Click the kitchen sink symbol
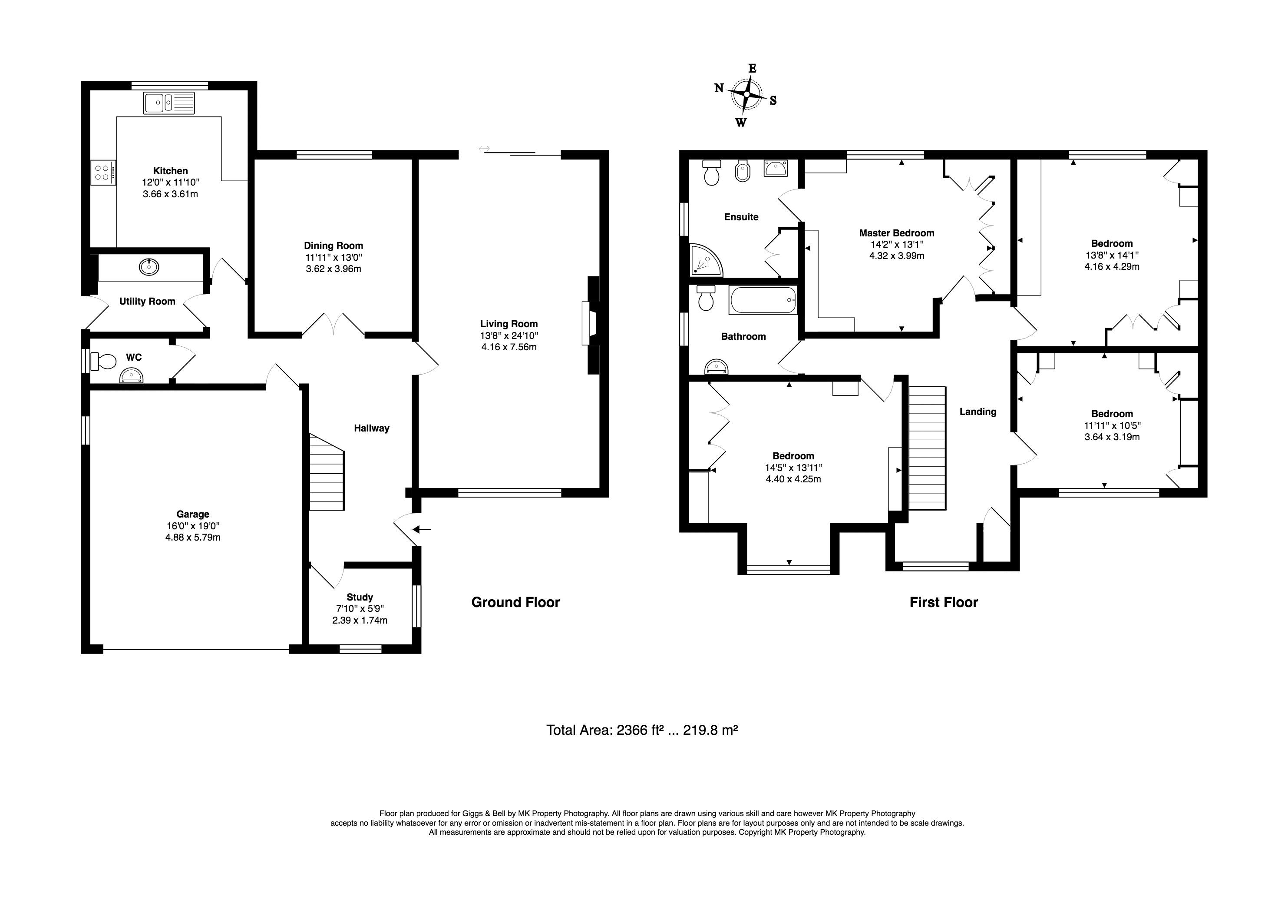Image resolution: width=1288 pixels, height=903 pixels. [x=169, y=103]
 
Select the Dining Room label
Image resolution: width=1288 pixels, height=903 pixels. [x=333, y=245]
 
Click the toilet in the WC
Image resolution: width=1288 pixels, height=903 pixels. [x=102, y=361]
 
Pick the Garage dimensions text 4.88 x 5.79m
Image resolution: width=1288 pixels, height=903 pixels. [x=192, y=537]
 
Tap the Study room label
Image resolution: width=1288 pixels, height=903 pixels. [x=360, y=597]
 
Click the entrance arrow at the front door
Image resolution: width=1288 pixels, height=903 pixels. [x=422, y=529]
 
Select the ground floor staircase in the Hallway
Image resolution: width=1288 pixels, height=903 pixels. [x=327, y=471]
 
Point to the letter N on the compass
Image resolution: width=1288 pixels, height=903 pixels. [x=719, y=87]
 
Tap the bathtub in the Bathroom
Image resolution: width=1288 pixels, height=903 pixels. [x=763, y=300]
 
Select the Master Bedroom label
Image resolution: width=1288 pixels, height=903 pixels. [x=896, y=233]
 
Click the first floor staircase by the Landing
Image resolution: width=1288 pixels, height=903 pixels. [x=927, y=448]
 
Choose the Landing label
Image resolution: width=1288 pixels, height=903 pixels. [x=978, y=412]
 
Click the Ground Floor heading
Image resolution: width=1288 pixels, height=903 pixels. [x=515, y=602]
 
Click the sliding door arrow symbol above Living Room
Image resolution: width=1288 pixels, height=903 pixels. [x=484, y=149]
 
